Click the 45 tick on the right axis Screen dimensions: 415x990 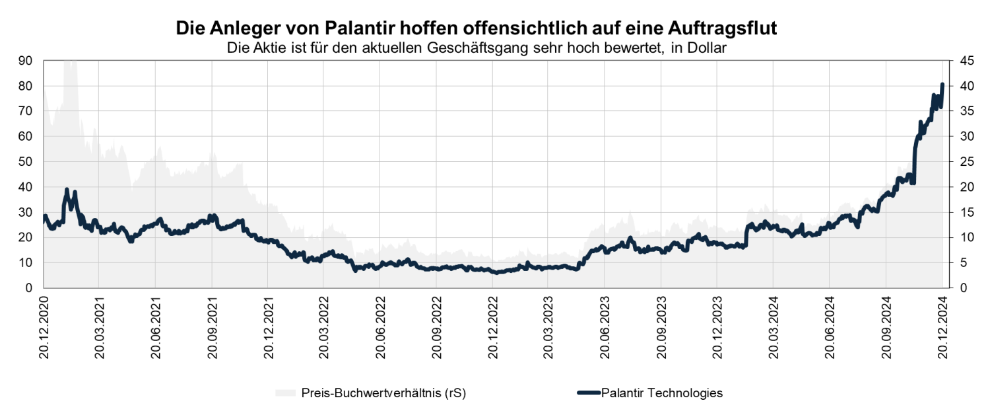[963, 61]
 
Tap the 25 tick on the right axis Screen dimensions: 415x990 [963, 162]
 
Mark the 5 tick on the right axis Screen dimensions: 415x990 [960, 263]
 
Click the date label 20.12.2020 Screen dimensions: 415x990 [44, 326]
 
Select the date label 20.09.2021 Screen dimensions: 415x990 [213, 326]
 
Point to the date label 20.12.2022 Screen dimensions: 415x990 [493, 326]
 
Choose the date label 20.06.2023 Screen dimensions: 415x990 [605, 326]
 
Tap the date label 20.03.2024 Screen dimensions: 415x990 [774, 326]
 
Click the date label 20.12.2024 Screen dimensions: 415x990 [942, 326]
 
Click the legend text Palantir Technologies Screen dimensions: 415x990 [662, 393]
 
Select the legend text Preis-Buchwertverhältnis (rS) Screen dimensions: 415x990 [383, 393]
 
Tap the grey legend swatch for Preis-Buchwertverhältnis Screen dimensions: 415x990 [286, 393]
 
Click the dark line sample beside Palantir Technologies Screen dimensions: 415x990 [588, 393]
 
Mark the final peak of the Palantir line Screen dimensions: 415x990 [942, 85]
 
